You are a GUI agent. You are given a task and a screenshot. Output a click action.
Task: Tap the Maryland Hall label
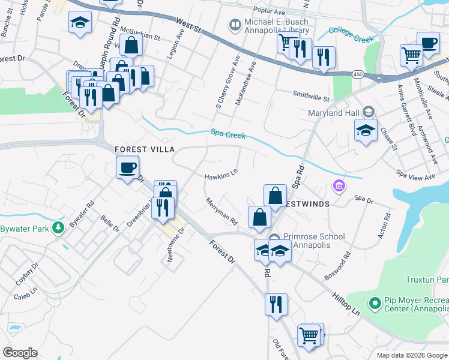point(333,113)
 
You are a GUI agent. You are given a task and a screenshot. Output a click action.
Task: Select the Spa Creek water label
point(228,134)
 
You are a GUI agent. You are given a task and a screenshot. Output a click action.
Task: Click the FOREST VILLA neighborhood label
point(145,149)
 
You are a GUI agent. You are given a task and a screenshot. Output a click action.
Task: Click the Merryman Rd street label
point(221,212)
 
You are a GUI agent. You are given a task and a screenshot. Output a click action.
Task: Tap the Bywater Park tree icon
point(58,227)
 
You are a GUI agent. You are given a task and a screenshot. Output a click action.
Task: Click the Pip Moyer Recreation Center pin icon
point(375,303)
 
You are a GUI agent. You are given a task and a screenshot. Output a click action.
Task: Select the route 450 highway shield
point(358,74)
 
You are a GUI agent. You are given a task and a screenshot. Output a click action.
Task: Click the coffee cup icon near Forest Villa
point(128,167)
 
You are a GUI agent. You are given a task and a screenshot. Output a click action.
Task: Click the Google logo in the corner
point(20,353)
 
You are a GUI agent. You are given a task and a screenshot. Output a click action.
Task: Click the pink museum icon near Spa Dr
point(339,186)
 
